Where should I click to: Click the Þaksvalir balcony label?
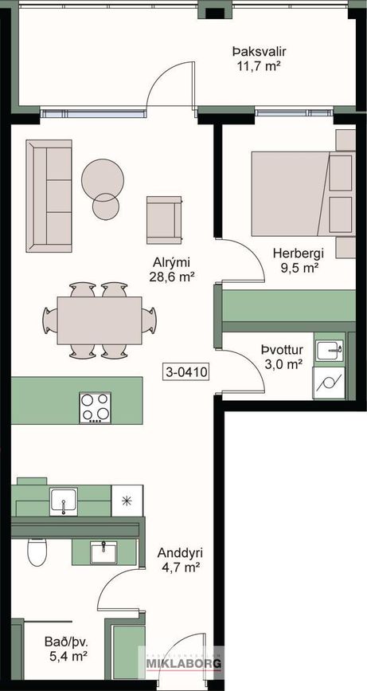click(x=260, y=53)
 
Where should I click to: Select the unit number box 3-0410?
click(x=186, y=372)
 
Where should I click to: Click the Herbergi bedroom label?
click(x=299, y=253)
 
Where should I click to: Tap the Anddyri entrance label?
click(x=180, y=553)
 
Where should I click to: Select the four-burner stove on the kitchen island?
click(x=95, y=407)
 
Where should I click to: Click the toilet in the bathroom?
click(x=37, y=552)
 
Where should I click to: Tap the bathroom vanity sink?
click(x=103, y=552)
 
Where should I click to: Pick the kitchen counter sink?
click(x=64, y=501)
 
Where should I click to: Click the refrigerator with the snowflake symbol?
click(x=127, y=501)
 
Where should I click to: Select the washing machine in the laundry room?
click(x=329, y=383)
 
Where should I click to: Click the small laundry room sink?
click(x=330, y=351)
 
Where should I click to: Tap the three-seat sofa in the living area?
click(x=49, y=196)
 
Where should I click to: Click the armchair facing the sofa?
click(x=164, y=220)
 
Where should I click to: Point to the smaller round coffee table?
click(x=106, y=206)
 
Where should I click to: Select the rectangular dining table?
click(x=100, y=320)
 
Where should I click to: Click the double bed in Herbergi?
click(x=303, y=193)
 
